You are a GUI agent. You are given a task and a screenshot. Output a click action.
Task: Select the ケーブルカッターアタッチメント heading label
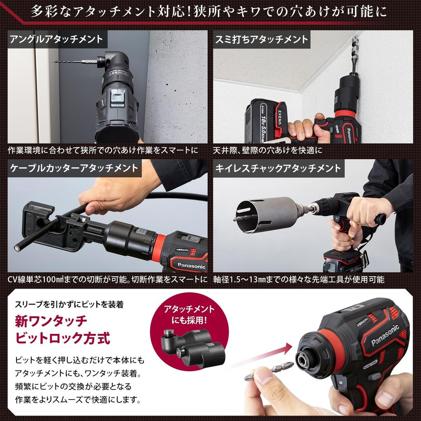[x=74, y=168]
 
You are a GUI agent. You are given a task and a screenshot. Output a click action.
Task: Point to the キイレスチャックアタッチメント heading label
[x=279, y=168]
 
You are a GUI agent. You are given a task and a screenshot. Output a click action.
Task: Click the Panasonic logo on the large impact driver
[x=385, y=335]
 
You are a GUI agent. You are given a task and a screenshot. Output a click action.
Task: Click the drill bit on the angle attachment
[x=74, y=62]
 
